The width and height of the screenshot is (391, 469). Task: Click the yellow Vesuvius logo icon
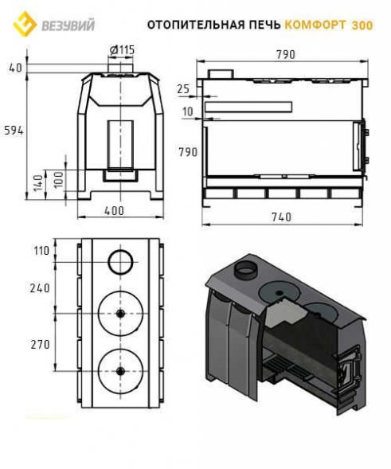(25, 24)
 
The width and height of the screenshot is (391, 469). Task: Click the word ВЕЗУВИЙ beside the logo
(68, 25)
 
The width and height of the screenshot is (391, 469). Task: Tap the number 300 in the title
(362, 25)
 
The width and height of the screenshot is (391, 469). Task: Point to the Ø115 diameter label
(122, 50)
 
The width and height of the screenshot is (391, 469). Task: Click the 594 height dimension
(14, 131)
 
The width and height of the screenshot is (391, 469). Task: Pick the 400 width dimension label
(114, 210)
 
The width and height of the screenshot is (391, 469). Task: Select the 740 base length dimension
(281, 217)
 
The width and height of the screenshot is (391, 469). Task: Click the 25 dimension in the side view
(183, 89)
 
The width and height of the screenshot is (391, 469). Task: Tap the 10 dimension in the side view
(188, 111)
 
